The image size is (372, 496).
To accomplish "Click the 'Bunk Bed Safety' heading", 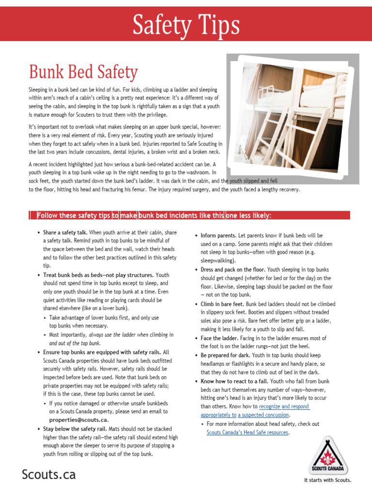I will (x=83, y=73).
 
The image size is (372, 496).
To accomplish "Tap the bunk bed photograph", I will (x=293, y=119).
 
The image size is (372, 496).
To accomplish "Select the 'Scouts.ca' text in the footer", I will (x=48, y=475).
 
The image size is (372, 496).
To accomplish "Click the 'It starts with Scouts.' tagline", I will (x=327, y=480).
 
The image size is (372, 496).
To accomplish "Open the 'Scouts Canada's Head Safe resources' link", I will (x=248, y=432).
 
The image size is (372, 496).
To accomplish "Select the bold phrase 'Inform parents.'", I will (x=218, y=235).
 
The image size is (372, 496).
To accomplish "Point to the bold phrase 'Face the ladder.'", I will (x=219, y=338).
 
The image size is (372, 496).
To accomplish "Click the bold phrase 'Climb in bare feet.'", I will (x=222, y=304).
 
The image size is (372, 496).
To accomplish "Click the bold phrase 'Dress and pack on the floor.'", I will (x=233, y=269).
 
